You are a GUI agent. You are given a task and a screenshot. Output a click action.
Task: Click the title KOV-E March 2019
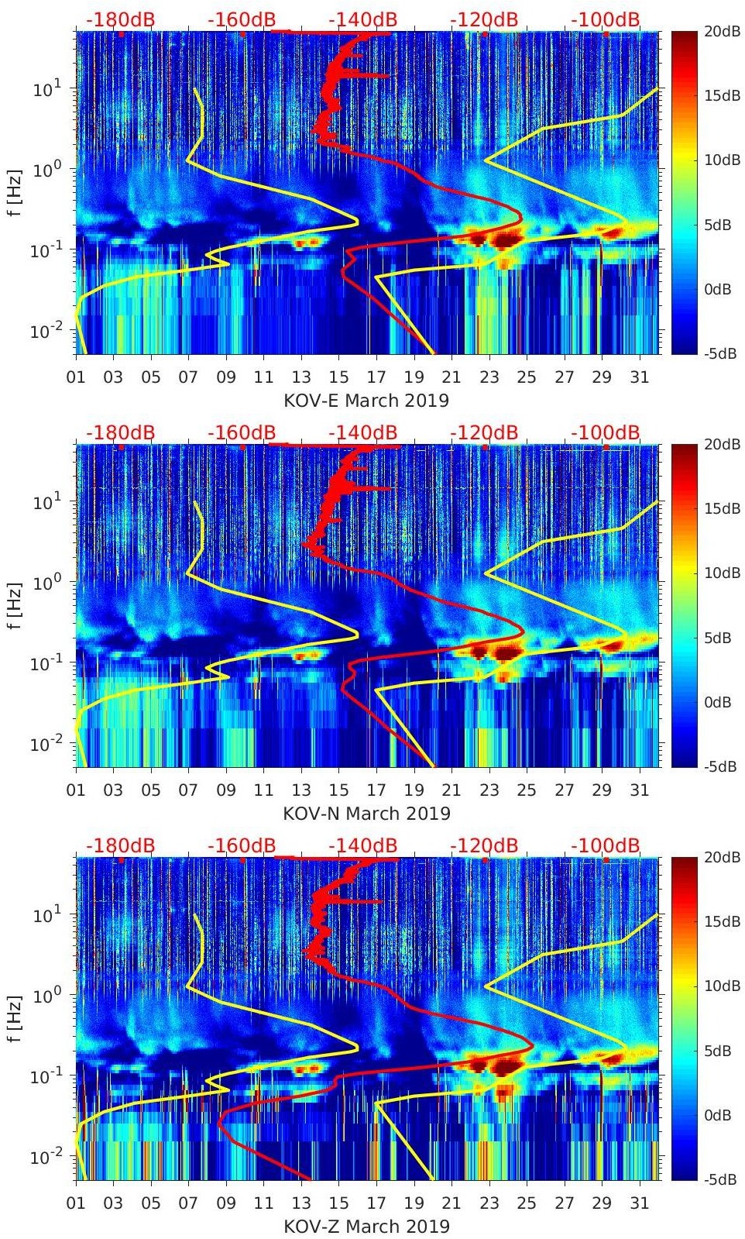tap(366, 401)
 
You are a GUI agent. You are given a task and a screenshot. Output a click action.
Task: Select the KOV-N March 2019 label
tap(366, 814)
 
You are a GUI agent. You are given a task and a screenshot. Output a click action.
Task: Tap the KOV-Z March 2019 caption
tap(366, 1227)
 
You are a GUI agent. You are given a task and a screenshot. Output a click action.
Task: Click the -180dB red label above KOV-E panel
tap(121, 19)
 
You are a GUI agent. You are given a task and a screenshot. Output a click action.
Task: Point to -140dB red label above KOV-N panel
tap(362, 432)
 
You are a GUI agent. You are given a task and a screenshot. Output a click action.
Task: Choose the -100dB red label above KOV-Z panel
tap(606, 845)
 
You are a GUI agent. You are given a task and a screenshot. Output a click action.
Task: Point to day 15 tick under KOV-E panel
tap(338, 377)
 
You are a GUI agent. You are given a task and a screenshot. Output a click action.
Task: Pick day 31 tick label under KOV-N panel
tap(639, 790)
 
